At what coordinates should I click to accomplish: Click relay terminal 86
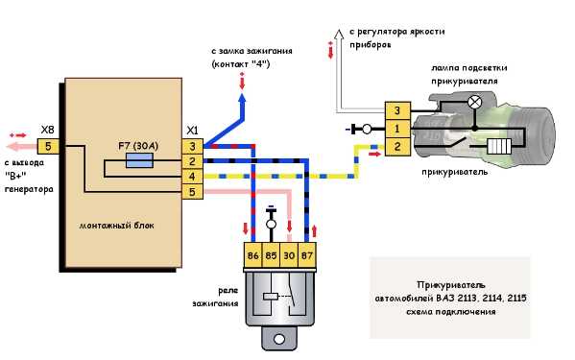[x=253, y=256]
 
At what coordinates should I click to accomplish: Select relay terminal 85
[x=272, y=256]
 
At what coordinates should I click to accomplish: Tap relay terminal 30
[x=290, y=256]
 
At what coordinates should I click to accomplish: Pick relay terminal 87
[x=308, y=256]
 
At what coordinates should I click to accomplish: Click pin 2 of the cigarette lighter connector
[x=395, y=146]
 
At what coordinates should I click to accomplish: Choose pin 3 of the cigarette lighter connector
[x=395, y=111]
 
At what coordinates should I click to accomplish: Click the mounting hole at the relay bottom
[x=281, y=339]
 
